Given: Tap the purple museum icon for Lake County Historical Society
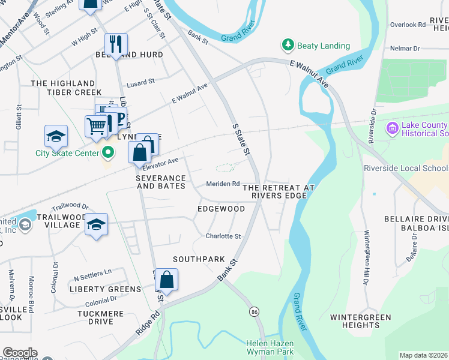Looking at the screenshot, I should [x=393, y=128].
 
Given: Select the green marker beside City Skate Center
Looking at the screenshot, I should [x=108, y=153].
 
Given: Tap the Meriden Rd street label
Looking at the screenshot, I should [x=223, y=184].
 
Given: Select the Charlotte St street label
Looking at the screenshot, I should [x=223, y=236].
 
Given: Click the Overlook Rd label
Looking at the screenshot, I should [x=407, y=25].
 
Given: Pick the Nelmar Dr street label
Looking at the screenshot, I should [x=406, y=48].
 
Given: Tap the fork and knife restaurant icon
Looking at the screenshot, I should [x=115, y=43].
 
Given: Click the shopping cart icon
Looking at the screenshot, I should [x=96, y=127].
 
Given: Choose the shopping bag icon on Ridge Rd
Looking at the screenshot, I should [x=167, y=280].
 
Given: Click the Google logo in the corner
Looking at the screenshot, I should [x=19, y=353].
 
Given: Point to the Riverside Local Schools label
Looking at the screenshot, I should [x=406, y=169].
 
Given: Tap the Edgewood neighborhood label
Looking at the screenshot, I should [x=221, y=209].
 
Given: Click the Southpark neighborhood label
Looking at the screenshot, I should [x=198, y=259].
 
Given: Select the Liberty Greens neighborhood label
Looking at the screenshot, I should [x=105, y=289].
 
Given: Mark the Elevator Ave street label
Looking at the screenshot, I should [x=160, y=162].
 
